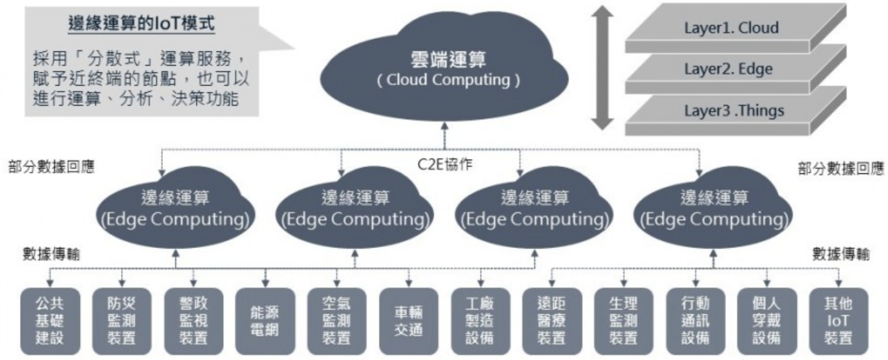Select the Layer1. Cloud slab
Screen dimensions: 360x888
pyautogui.click(x=731, y=28)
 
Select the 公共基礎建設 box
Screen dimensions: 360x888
pyautogui.click(x=49, y=321)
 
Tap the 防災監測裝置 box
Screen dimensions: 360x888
pyautogui.click(x=121, y=321)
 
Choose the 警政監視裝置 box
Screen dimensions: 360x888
pyautogui.click(x=193, y=321)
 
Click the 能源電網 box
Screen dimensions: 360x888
pyautogui.click(x=265, y=321)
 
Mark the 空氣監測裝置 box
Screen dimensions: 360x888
pyautogui.click(x=336, y=321)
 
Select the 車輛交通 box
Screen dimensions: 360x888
pyautogui.click(x=408, y=321)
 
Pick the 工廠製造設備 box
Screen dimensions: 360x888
pyautogui.click(x=480, y=321)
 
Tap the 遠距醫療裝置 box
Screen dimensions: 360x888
pyautogui.click(x=552, y=321)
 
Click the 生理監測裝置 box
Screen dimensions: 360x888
pyautogui.click(x=623, y=321)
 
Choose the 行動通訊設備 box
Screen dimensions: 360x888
pyautogui.click(x=695, y=321)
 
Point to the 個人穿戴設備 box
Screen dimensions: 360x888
pyautogui.click(x=767, y=321)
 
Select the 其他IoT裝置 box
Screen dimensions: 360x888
pyautogui.click(x=838, y=321)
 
